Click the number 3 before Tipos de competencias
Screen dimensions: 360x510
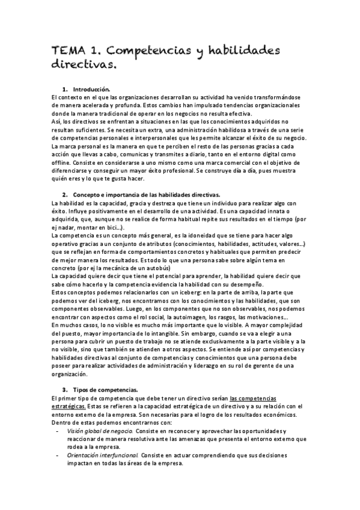64,389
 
